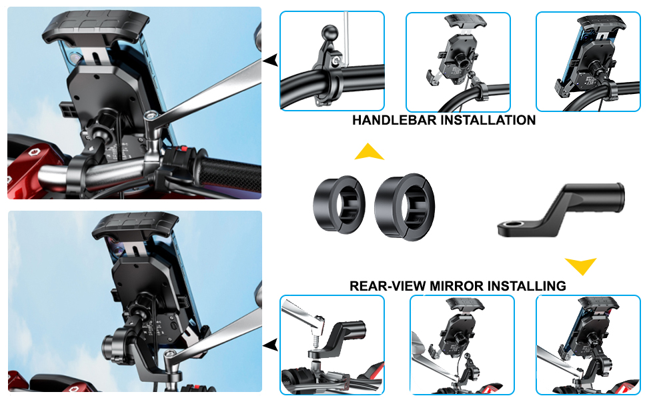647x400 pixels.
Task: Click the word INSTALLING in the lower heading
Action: click(x=527, y=286)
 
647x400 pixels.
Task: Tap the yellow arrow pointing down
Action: click(x=580, y=266)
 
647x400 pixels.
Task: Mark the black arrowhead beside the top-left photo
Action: click(x=270, y=61)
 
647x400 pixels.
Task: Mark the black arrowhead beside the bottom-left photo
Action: click(x=270, y=345)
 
